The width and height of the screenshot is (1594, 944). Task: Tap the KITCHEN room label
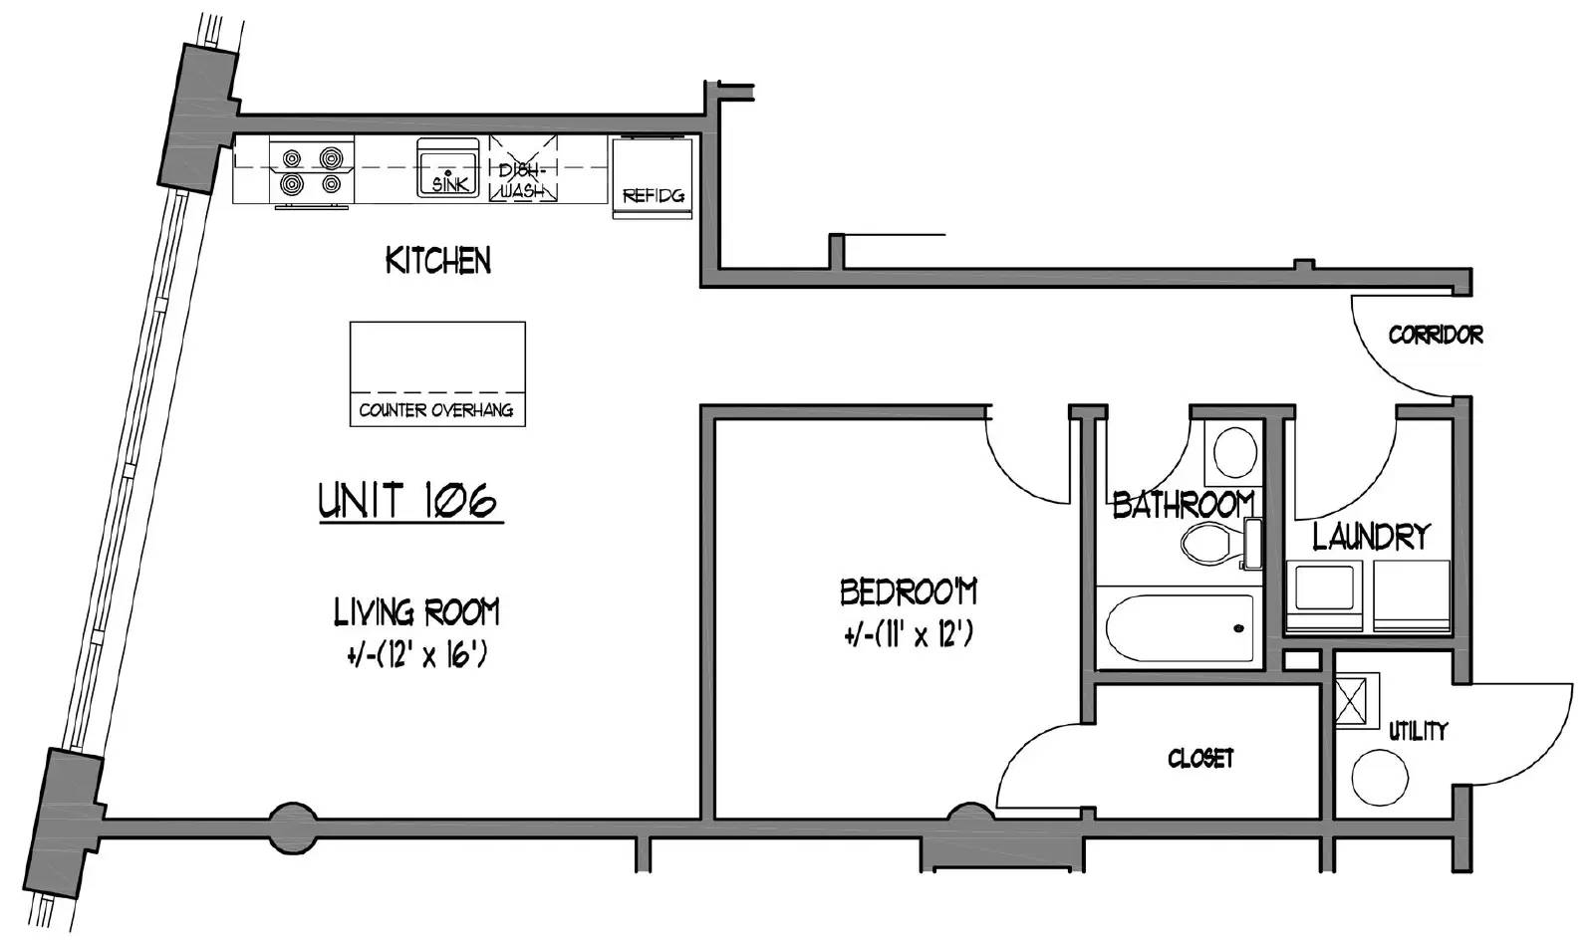coord(438,260)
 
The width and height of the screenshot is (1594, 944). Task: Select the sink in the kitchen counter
coord(447,167)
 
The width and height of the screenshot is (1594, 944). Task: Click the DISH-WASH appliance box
coord(523,169)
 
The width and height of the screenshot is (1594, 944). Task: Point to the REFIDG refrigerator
coord(653,178)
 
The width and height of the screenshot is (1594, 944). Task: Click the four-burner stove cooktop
coord(312,171)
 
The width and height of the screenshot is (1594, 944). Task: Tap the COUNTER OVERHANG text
coord(436,410)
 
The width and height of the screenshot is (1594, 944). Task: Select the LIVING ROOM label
coord(417,611)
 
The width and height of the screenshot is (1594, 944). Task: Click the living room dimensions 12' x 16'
coord(417,654)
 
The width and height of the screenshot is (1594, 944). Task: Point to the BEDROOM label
coord(909,591)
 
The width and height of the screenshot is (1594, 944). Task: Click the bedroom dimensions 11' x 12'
coord(909,633)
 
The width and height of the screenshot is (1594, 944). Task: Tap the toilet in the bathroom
coord(1220,544)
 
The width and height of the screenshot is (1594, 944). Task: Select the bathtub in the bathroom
coord(1180,628)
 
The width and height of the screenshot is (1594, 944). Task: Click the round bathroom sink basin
coord(1234,452)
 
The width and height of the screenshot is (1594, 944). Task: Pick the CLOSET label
coord(1200,759)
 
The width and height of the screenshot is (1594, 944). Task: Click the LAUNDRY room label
coord(1371,536)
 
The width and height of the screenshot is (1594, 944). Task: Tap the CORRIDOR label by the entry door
coord(1436,335)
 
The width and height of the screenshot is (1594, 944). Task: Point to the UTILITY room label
coord(1419,731)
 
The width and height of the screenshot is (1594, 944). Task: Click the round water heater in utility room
coord(1380,778)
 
